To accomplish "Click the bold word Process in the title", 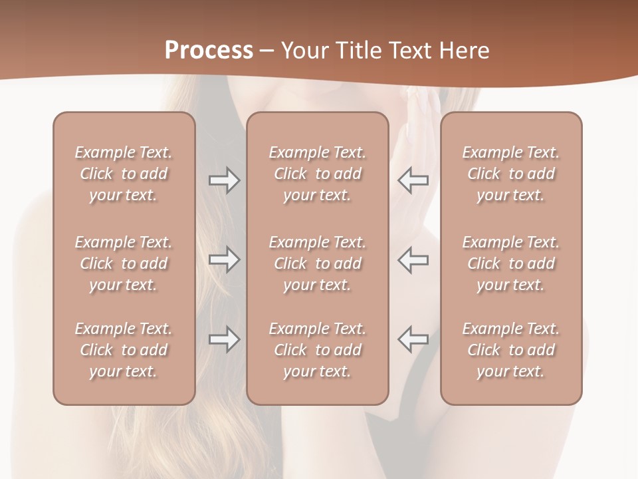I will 209,51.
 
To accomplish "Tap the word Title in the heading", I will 357,51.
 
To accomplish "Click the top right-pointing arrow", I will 224,180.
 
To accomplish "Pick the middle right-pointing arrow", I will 224,259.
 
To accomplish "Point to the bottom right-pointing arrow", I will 224,339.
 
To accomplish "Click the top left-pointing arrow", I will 413,180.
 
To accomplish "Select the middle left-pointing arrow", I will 413,259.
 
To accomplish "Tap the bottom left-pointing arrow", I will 413,339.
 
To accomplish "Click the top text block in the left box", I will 124,174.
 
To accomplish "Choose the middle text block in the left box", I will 124,263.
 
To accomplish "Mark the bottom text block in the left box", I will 124,350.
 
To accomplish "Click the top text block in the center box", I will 318,174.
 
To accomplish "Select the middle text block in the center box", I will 318,263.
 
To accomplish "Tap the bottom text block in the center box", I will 318,350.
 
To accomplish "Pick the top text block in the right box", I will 511,174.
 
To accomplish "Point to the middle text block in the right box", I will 511,263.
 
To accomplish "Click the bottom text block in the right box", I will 511,350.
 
